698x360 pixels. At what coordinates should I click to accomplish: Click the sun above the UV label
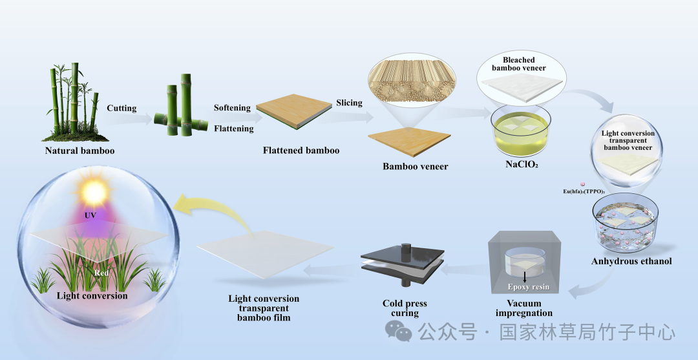point(94,191)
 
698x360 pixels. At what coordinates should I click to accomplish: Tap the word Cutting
point(122,108)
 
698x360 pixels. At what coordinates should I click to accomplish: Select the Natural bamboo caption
point(79,151)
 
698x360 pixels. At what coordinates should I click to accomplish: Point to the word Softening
point(232,108)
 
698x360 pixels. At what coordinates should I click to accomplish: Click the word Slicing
point(349,103)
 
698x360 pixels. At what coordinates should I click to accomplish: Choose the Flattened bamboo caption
point(301,151)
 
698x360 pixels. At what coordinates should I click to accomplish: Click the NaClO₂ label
point(522,164)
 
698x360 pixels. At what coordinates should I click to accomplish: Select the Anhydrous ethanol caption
point(631,261)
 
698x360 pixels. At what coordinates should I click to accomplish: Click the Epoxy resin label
point(529,287)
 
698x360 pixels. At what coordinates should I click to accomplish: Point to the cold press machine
point(402,265)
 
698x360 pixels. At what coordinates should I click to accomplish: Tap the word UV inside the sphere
point(90,216)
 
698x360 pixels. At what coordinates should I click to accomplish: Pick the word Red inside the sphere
point(101,273)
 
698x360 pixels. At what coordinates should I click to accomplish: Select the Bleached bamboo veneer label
point(518,63)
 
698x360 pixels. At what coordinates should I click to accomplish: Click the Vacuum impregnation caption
point(524,308)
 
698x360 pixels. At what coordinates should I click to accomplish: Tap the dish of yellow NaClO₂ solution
point(521,131)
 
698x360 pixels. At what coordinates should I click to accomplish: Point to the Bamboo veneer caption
point(416,167)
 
